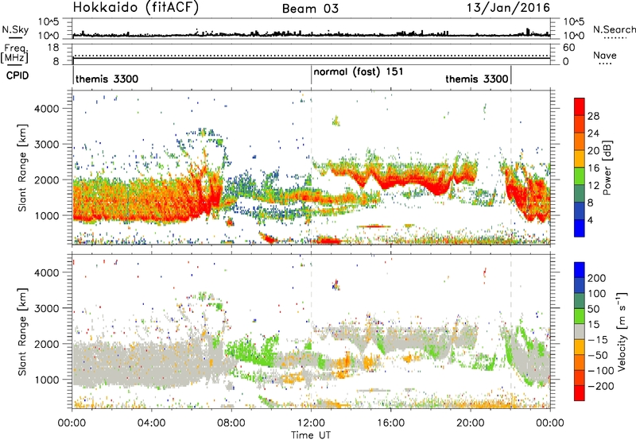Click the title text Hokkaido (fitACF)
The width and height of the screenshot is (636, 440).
(x=124, y=8)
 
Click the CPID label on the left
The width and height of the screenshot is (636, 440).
(x=15, y=76)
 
